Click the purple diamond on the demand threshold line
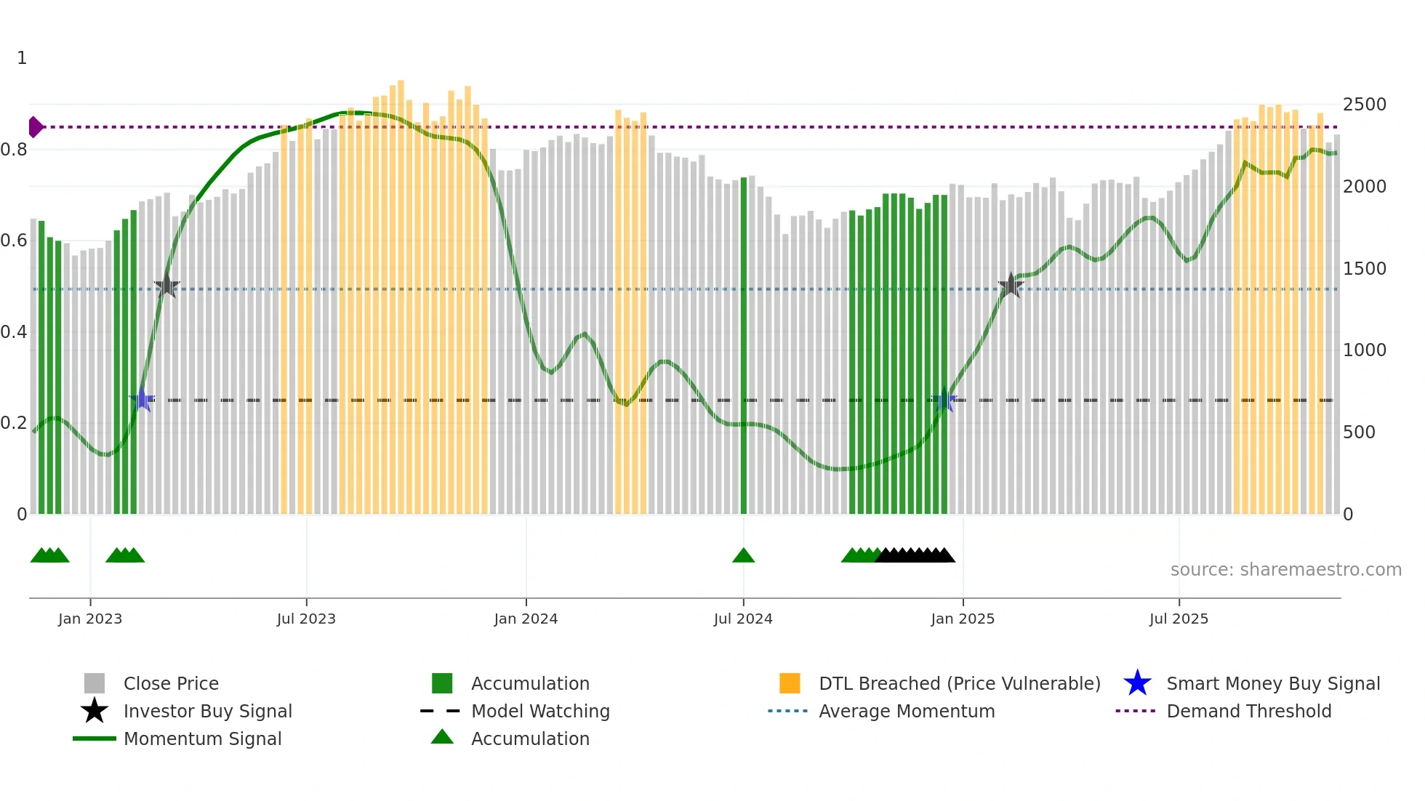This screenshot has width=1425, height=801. coord(35,127)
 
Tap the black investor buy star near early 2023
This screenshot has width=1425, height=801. coord(166,286)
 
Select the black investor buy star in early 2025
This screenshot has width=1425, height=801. coord(1011,286)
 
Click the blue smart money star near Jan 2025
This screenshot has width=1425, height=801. coord(944,400)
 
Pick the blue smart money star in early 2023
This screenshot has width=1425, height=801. coord(142,400)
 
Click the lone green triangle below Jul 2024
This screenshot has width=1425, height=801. coord(743,556)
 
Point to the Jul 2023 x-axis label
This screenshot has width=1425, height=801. coord(306,619)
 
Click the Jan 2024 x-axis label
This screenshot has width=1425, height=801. coord(526,619)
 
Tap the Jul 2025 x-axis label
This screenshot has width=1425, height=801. coord(1179,619)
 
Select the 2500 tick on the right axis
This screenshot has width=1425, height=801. coord(1364,105)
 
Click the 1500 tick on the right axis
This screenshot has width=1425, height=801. coord(1364,269)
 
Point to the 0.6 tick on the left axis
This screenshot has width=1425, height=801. coord(15,241)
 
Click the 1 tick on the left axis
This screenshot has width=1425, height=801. coord(22,58)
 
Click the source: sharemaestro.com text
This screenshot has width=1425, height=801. coord(1285,570)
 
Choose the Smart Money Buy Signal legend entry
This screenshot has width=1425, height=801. coord(1272,684)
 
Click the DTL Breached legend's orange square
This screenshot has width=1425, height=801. coord(790,683)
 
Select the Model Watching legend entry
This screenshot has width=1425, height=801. coord(539,712)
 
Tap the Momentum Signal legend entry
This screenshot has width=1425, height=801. coord(202,739)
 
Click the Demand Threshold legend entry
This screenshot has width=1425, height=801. coord(1248,712)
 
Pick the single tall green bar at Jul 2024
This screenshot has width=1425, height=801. coord(743,349)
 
